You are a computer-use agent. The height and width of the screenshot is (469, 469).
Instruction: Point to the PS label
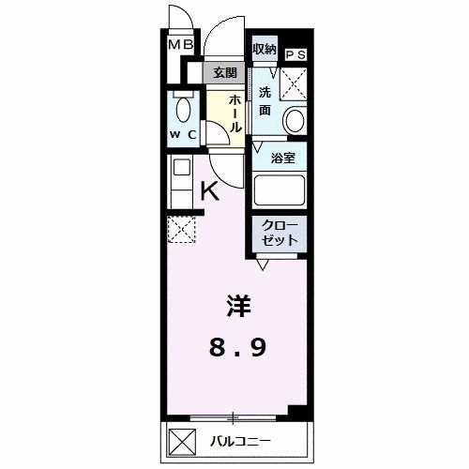(x=295, y=54)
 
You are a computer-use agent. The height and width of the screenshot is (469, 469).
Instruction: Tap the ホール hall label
(x=236, y=110)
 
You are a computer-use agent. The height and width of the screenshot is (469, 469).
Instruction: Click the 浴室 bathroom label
(x=282, y=158)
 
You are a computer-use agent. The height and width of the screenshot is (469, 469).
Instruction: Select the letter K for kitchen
(x=210, y=190)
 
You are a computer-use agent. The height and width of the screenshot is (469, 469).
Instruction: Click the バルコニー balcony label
(x=240, y=440)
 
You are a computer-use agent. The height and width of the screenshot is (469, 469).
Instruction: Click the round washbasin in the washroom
(x=295, y=121)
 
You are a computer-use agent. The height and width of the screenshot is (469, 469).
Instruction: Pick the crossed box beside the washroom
(x=295, y=83)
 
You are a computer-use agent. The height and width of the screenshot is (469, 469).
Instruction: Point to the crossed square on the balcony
(x=178, y=439)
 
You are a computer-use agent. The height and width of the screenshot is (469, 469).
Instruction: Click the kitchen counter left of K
(x=178, y=178)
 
